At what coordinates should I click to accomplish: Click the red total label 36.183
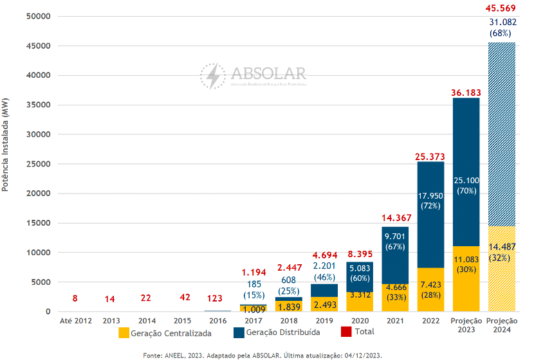pos(466,93)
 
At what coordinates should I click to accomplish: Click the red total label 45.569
pos(502,8)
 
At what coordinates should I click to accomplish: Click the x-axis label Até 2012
pos(76,321)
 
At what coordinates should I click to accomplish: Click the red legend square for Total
pos(346,332)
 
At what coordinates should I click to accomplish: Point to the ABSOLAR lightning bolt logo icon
pos(212,76)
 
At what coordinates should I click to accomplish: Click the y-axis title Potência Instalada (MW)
pos(6,145)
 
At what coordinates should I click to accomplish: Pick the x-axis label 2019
pos(325,321)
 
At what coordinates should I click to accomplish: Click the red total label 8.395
pos(360,255)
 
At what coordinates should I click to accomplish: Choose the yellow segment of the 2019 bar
pos(325,304)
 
